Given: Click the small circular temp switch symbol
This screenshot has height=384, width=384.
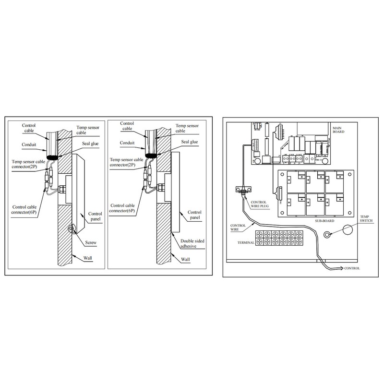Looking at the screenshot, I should pyautogui.click(x=328, y=235).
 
